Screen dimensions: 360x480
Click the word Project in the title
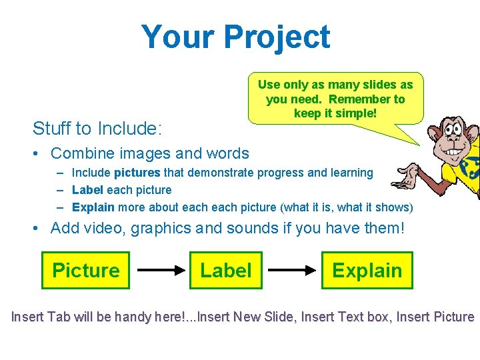[277, 37]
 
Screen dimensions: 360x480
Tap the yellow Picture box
[85, 270]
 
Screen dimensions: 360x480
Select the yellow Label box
[226, 270]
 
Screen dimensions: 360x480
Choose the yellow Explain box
[367, 270]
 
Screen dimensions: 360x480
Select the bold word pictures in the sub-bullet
[137, 173]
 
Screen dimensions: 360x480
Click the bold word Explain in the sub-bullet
[93, 207]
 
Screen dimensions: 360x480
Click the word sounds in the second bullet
[251, 228]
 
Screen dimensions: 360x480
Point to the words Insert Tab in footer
[38, 317]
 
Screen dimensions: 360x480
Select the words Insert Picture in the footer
[435, 317]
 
